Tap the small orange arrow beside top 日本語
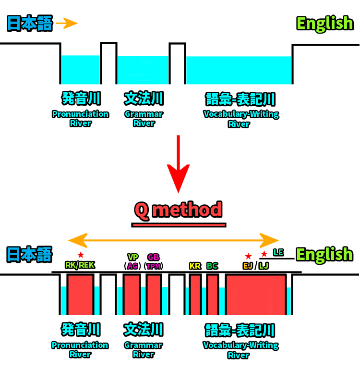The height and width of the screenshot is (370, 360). [x=67, y=23]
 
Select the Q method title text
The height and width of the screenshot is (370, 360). [x=178, y=210]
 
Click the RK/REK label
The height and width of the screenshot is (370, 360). [x=80, y=265]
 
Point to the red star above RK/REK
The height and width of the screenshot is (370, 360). [x=81, y=255]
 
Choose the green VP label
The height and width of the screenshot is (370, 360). [x=132, y=257]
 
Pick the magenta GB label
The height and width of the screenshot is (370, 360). [x=154, y=257]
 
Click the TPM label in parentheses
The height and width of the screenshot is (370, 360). [x=154, y=266]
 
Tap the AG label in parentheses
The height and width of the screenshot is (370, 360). [x=132, y=266]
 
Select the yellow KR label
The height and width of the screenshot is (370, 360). [x=195, y=266]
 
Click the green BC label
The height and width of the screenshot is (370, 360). [x=212, y=266]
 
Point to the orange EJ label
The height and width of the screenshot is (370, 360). [x=248, y=266]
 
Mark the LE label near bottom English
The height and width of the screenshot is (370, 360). [x=278, y=252]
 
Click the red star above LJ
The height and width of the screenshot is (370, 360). [x=264, y=254]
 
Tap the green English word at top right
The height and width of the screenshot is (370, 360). [x=324, y=23]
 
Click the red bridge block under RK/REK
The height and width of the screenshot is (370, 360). [x=80, y=295]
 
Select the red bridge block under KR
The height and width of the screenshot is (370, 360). [x=195, y=295]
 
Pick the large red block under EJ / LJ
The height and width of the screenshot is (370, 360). [x=256, y=295]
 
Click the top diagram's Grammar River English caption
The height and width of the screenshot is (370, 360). [x=144, y=119]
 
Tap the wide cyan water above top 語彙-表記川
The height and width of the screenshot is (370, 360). [x=239, y=70]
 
